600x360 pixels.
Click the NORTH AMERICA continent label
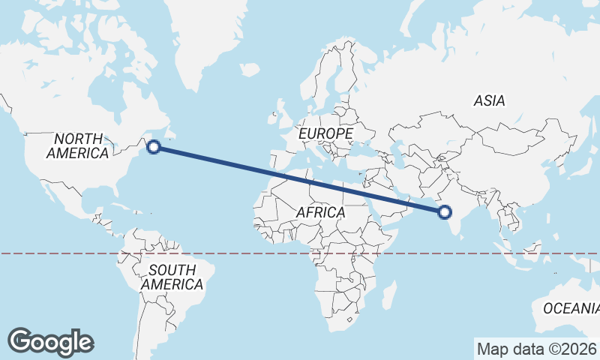[77, 145]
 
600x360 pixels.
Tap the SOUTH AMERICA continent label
[172, 277]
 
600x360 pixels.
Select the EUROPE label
[325, 133]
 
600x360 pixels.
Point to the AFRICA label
[320, 212]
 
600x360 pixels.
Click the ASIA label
[489, 100]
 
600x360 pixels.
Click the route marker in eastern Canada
[154, 147]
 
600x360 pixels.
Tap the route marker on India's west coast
[445, 212]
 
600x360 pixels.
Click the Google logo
[50, 341]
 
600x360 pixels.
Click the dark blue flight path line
[300, 180]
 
